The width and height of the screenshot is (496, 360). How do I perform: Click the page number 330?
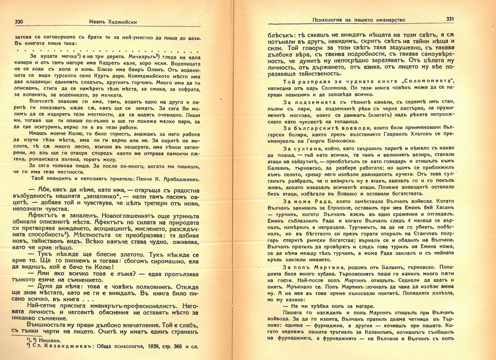(x=19, y=21)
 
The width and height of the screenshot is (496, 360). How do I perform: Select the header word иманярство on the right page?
(x=389, y=20)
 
